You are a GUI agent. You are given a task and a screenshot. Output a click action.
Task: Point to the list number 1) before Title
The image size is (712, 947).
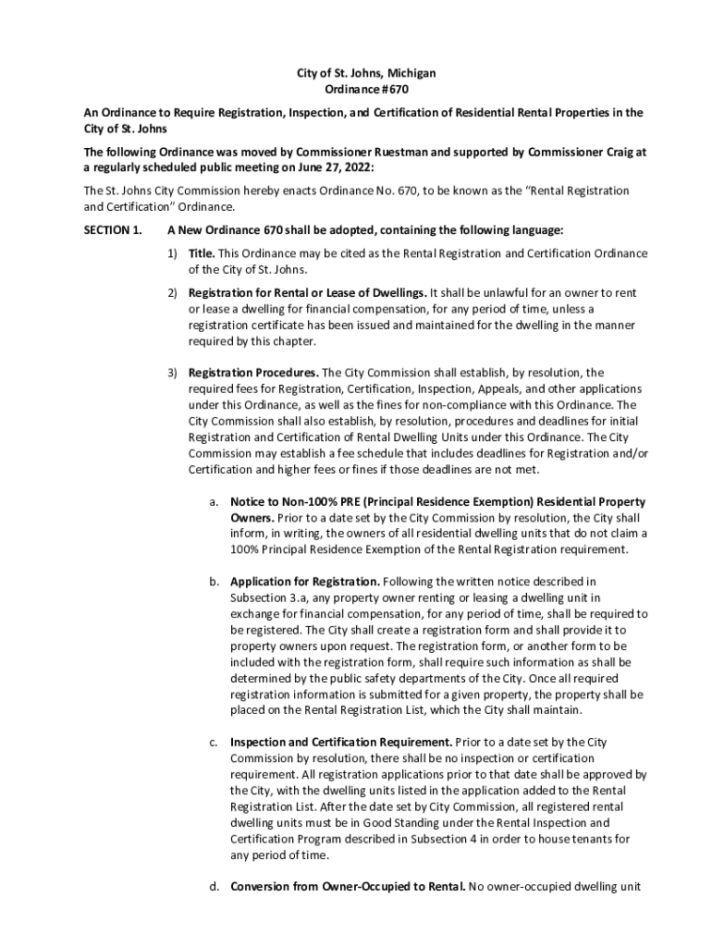click(173, 253)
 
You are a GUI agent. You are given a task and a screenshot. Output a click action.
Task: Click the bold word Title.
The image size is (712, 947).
click(202, 253)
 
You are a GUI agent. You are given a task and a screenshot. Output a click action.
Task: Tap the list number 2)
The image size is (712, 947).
click(173, 292)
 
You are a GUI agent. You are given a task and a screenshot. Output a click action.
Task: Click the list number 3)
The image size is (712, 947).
click(173, 373)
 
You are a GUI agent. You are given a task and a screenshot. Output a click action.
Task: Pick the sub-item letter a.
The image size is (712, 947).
click(214, 501)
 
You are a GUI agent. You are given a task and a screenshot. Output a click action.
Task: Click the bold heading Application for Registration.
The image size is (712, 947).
click(304, 582)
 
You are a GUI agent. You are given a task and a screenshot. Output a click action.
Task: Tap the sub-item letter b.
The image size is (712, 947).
click(214, 582)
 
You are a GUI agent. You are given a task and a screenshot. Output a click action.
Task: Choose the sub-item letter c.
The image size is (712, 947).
click(214, 742)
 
